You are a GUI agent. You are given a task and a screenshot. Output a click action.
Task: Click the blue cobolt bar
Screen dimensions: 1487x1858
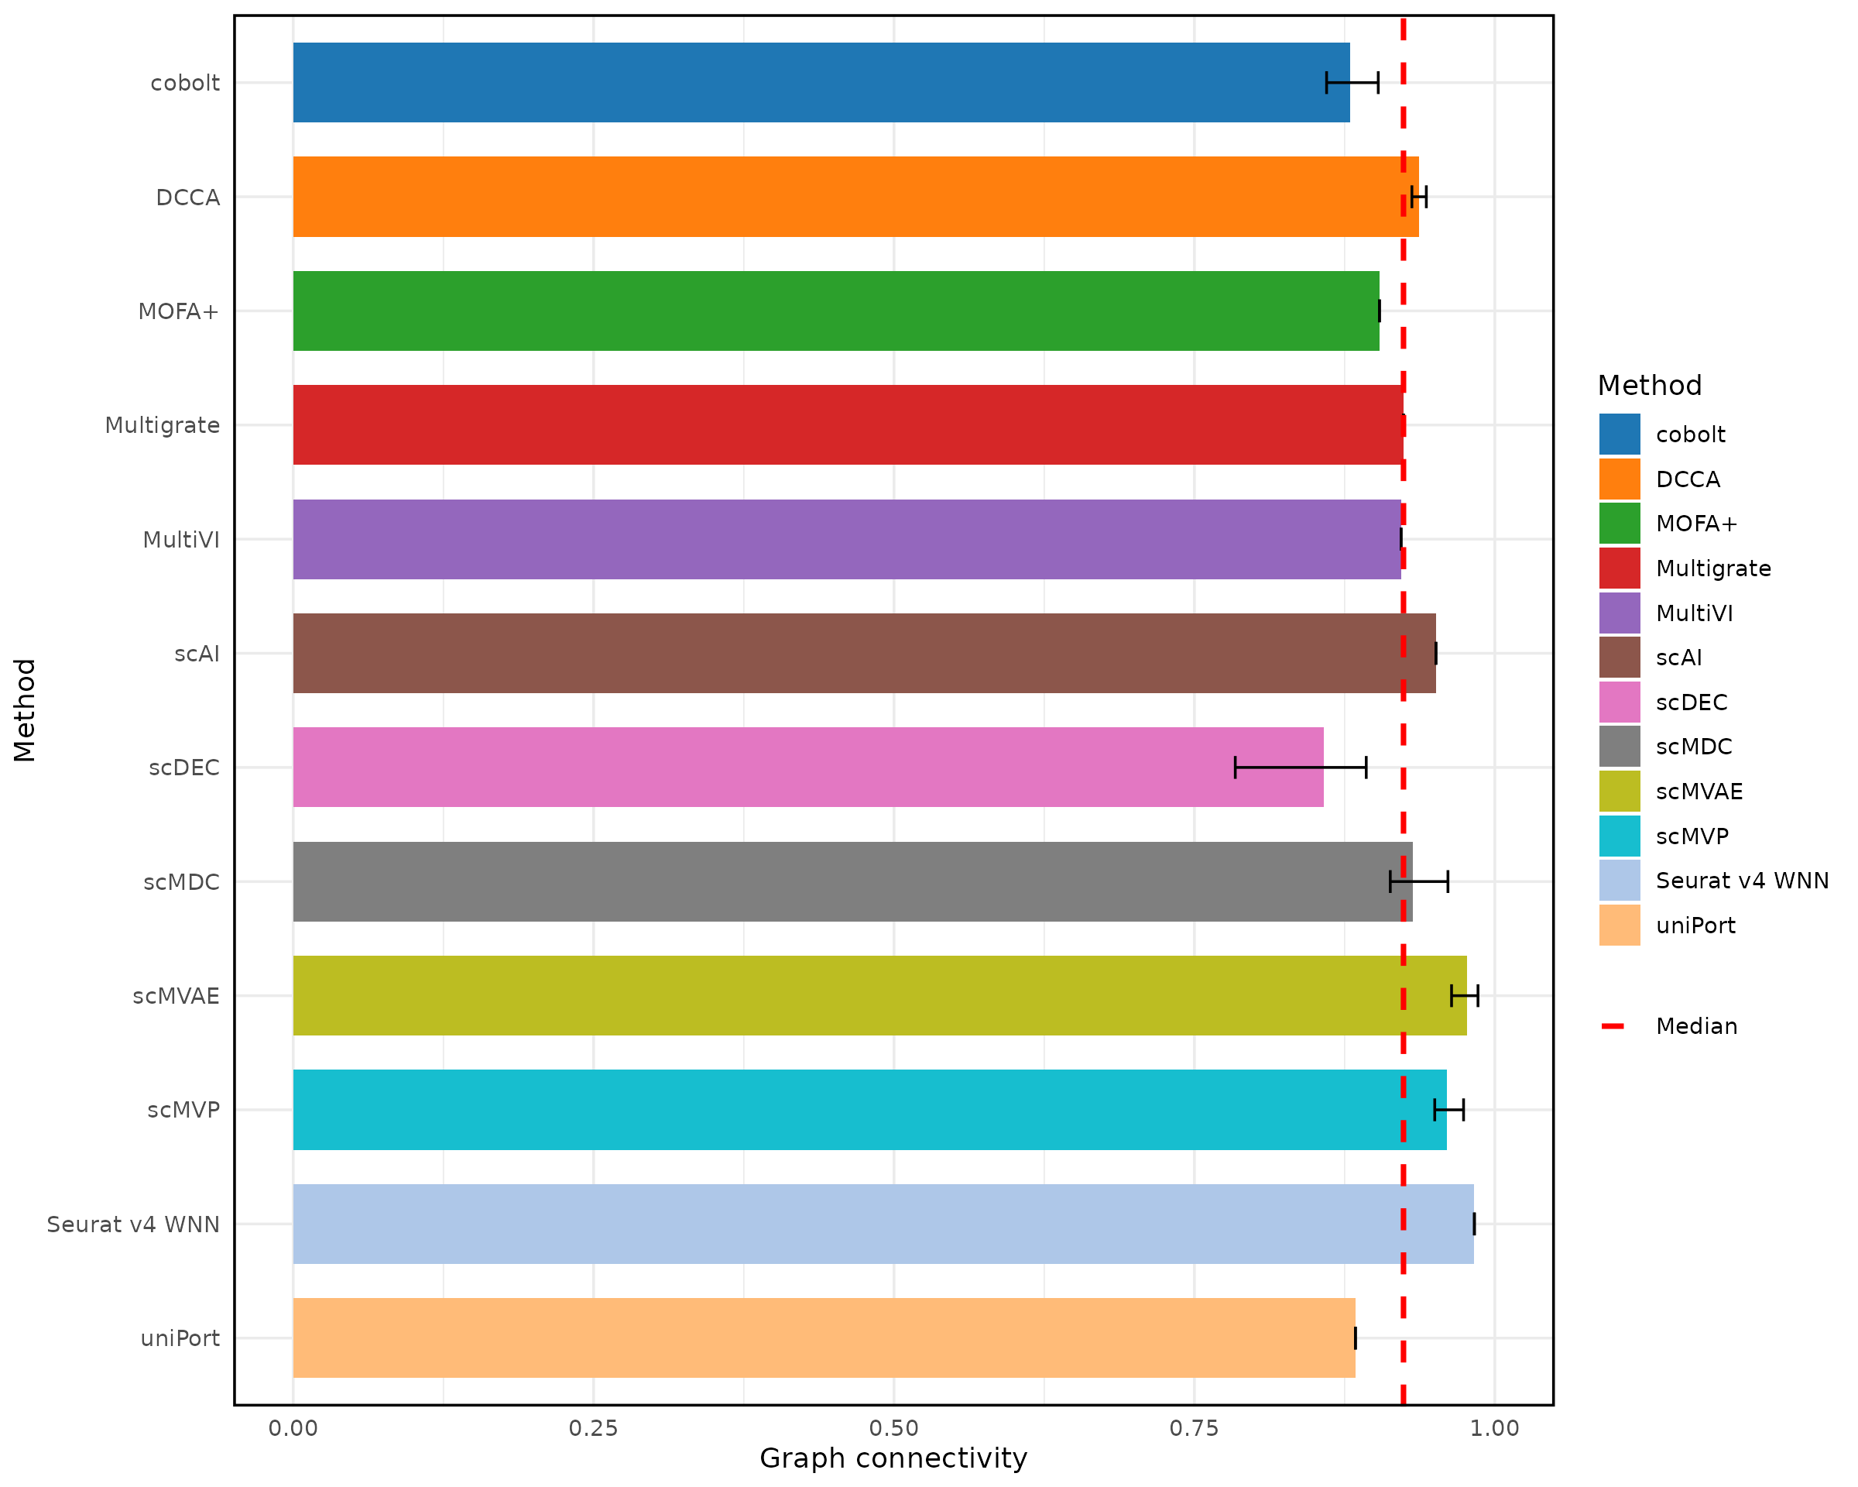819,83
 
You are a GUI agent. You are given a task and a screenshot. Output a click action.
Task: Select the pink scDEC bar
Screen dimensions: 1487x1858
806,768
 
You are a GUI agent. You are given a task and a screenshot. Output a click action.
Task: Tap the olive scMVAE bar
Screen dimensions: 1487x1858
879,996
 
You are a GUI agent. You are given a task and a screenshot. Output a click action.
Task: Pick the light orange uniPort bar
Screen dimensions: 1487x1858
823,1338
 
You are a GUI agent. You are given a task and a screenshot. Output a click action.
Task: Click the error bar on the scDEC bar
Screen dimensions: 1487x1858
1300,768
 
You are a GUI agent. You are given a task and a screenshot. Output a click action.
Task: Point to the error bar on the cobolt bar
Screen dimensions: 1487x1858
1352,83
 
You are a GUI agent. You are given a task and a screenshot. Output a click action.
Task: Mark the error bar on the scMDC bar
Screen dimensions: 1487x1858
1418,882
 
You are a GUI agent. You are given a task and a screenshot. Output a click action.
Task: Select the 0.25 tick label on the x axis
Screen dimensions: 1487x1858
593,1428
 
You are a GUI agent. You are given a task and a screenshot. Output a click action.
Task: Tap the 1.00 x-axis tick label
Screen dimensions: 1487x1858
1494,1428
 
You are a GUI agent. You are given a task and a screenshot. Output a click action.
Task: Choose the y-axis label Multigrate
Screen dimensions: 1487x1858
162,425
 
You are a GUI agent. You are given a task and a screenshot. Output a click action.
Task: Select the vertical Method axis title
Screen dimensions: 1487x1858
25,710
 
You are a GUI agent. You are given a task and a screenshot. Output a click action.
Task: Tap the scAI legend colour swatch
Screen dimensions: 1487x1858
1620,657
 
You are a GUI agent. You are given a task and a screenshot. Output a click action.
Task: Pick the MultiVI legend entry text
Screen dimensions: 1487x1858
1693,613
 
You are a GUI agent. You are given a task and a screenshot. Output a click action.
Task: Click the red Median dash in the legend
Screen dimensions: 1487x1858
1613,1026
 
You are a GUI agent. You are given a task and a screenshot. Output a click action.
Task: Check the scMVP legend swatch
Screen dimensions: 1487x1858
1620,836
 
